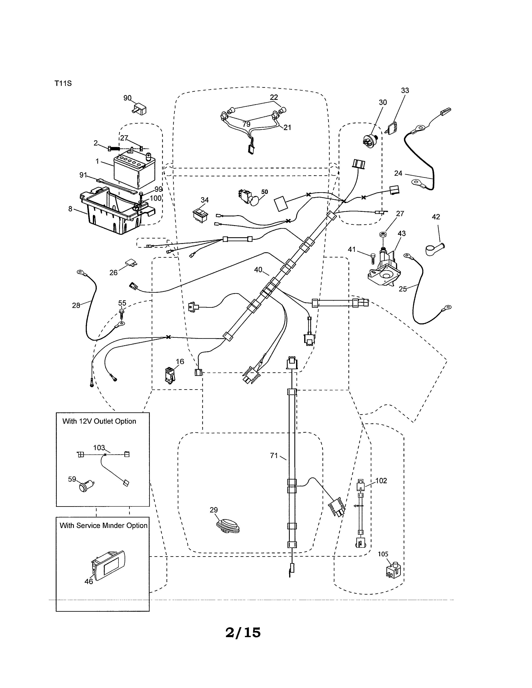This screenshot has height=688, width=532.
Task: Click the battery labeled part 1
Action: pos(134,170)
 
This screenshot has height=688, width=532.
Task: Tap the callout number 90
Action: pos(127,98)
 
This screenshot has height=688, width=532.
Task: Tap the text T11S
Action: pos(63,83)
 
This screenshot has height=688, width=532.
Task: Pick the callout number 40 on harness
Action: pos(258,270)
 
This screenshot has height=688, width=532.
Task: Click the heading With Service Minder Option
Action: pos(103,525)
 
